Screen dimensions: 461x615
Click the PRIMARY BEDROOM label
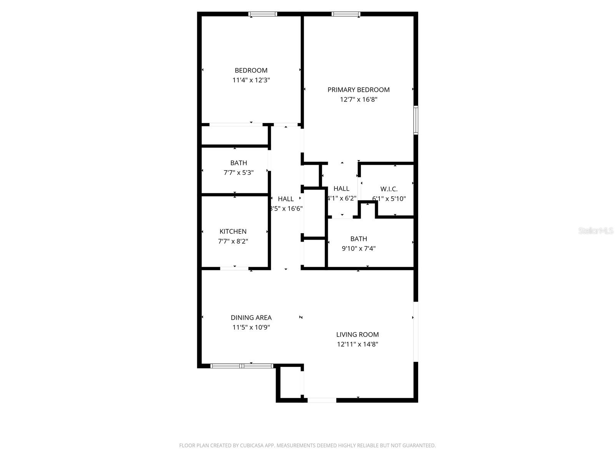click(358, 90)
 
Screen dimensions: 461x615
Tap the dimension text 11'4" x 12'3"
click(251, 80)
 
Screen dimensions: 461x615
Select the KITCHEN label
click(233, 231)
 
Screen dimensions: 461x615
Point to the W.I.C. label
click(389, 189)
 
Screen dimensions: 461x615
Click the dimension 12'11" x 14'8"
click(357, 344)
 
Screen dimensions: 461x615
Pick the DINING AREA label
click(251, 317)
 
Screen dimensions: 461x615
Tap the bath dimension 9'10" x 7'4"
click(359, 249)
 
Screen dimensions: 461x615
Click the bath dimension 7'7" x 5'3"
click(238, 173)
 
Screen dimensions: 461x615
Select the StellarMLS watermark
click(595, 231)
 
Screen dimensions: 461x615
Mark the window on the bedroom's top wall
click(263, 14)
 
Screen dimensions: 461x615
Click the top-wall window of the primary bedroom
click(346, 14)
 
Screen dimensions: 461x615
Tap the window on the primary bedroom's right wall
click(416, 120)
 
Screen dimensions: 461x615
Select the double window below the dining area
click(242, 366)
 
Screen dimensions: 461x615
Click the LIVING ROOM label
click(357, 334)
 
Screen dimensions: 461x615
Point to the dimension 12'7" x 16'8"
click(358, 99)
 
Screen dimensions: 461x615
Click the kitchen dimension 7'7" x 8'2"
click(233, 241)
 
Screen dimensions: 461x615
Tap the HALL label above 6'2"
click(341, 189)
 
